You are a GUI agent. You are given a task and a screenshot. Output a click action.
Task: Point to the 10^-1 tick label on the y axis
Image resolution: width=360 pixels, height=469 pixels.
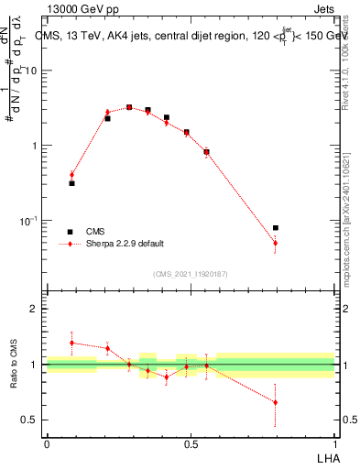(x=31, y=221)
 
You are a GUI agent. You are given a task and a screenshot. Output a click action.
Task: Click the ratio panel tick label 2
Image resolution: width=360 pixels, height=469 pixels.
(x=36, y=310)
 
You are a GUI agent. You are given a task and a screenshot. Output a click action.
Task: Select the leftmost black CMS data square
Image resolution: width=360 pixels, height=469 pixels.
(x=71, y=183)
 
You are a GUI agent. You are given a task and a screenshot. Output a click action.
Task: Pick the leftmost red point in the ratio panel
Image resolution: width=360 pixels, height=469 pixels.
(x=71, y=343)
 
